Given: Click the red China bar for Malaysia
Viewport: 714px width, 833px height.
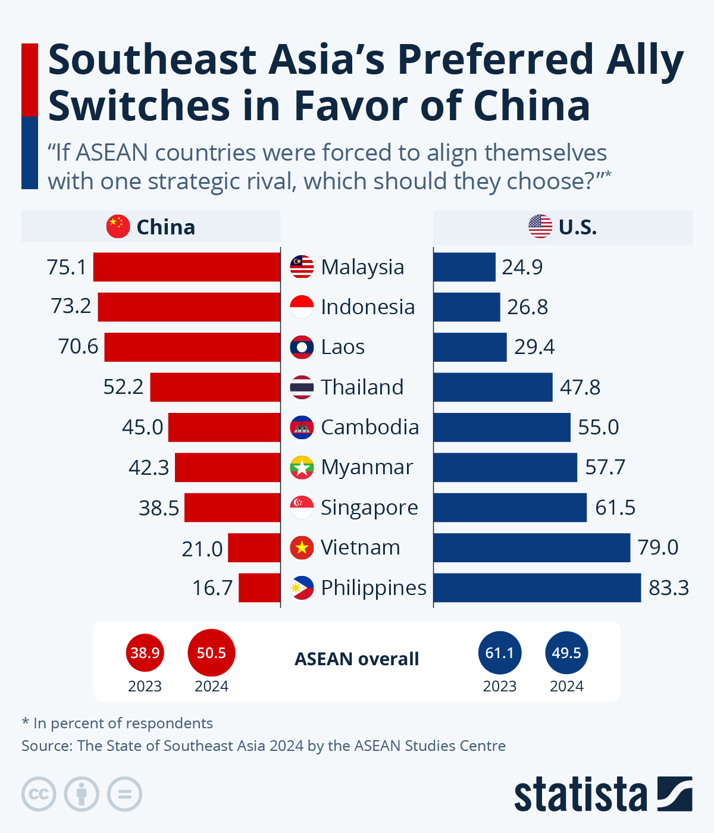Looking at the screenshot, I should click(x=186, y=267).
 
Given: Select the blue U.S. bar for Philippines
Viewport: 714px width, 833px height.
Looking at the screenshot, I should click(x=537, y=587).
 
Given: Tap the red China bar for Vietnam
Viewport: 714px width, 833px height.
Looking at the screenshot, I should click(x=254, y=547).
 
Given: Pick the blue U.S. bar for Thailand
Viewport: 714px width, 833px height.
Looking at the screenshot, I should click(x=493, y=387).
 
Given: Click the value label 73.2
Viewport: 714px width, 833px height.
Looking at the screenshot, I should click(x=71, y=306).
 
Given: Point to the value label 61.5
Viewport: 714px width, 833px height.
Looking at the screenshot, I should click(x=615, y=508).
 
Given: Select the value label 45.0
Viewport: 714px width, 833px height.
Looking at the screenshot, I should click(x=142, y=427).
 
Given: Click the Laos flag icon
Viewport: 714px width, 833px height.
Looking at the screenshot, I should click(x=302, y=347).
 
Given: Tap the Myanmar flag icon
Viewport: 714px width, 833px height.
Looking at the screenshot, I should click(x=302, y=467).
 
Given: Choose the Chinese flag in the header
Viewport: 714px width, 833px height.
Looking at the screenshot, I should click(x=118, y=227).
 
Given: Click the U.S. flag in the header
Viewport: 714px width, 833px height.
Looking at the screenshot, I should click(x=540, y=227).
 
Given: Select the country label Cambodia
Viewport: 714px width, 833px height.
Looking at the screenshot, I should click(x=369, y=427).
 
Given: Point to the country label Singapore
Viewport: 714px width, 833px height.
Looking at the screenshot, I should click(x=369, y=508).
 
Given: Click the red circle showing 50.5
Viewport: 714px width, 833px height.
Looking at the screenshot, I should click(x=211, y=653).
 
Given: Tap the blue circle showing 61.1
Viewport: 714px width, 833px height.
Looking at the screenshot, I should click(x=500, y=653).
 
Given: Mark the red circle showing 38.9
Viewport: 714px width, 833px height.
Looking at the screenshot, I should click(x=145, y=653).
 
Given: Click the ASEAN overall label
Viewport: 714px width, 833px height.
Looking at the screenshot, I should click(x=357, y=659).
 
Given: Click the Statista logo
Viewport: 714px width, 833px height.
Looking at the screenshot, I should click(x=603, y=794).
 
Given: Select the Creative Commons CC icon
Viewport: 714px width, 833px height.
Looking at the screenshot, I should click(x=39, y=794).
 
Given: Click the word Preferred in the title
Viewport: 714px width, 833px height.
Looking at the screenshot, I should click(x=495, y=60).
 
